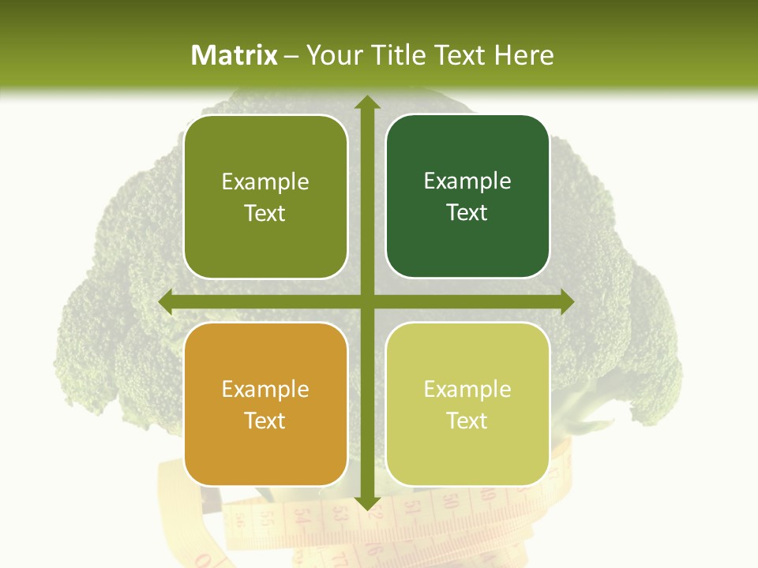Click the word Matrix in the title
pos(235,55)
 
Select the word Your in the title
pos(331,55)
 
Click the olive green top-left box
pos(265,196)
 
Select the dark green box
pos(467,196)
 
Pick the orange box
pos(265,404)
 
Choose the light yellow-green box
pos(467,404)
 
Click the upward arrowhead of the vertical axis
pos(366,103)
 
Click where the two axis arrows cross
pos(366,301)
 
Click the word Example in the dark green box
pos(467,181)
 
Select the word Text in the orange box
pos(265,420)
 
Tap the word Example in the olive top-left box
pos(265,181)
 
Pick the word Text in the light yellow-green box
pos(467,420)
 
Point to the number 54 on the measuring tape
pos(301,518)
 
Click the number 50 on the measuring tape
pos(450,503)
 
